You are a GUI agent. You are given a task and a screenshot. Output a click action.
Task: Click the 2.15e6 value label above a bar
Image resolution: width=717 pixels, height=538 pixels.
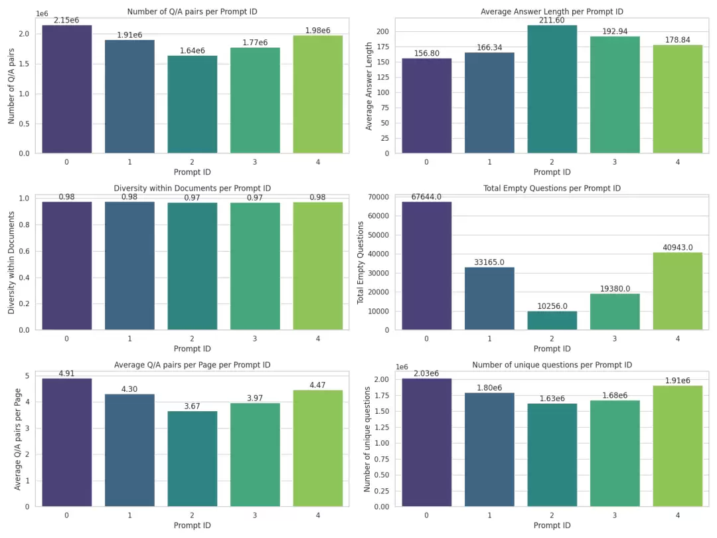click(x=66, y=20)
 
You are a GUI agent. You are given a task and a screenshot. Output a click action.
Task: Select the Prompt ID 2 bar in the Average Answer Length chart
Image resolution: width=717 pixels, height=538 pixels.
click(x=552, y=89)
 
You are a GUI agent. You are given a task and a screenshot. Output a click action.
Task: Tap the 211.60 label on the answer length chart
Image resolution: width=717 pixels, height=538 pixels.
click(x=552, y=20)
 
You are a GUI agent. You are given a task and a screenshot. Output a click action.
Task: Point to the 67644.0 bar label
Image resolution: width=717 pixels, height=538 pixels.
click(x=426, y=197)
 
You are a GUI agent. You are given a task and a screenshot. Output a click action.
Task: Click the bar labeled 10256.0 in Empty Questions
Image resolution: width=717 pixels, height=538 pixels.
click(x=552, y=320)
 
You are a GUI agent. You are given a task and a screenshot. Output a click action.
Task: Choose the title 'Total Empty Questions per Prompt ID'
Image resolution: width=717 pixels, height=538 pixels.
click(x=552, y=188)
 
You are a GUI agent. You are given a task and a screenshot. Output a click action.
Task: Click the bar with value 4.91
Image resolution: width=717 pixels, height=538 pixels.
click(x=67, y=442)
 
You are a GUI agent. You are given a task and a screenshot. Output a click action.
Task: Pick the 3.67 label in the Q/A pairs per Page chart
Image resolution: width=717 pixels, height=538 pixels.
click(x=192, y=406)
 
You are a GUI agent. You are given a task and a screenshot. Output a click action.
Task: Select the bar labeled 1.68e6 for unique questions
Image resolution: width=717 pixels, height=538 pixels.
click(x=615, y=454)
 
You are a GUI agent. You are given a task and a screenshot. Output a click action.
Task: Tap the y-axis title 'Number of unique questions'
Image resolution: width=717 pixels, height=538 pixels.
click(x=366, y=440)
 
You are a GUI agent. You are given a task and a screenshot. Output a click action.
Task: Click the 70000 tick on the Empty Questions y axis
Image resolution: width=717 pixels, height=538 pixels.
click(x=378, y=197)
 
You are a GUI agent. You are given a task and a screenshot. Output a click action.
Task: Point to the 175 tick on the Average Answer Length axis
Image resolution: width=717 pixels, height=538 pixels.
click(x=383, y=46)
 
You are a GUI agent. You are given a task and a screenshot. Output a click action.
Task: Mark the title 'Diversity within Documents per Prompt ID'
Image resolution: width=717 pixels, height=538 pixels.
click(x=192, y=188)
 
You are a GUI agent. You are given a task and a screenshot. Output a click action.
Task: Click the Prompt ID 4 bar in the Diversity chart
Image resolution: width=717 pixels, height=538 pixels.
click(x=318, y=266)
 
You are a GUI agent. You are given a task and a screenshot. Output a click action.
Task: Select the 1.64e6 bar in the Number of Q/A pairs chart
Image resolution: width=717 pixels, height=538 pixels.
click(x=192, y=104)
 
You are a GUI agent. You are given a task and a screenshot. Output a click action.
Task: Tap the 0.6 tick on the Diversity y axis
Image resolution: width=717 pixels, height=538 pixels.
click(x=25, y=251)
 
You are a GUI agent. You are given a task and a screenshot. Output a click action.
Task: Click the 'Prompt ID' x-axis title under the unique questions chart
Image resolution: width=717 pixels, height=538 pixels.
click(x=552, y=525)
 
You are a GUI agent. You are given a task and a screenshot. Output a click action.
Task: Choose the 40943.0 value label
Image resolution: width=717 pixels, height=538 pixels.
click(x=678, y=248)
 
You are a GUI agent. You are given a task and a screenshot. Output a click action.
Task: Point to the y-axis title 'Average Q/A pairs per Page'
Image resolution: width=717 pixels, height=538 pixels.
click(x=17, y=439)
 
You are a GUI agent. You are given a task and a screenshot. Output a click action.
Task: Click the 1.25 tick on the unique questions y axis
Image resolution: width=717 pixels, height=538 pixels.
click(x=381, y=427)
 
